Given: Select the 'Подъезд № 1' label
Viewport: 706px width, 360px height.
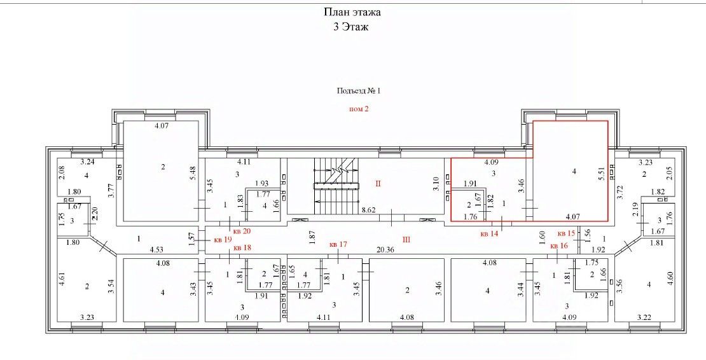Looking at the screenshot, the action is tap(358, 91).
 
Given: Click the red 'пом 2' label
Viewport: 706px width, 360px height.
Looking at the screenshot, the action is tap(359, 109).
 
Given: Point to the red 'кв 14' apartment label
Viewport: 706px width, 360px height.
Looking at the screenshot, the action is tap(488, 233).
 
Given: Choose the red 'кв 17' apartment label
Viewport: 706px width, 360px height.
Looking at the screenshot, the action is tap(338, 244).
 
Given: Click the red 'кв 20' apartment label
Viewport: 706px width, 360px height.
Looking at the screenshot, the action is tap(242, 231).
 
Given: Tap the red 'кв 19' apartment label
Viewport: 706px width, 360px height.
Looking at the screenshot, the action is tap(223, 240).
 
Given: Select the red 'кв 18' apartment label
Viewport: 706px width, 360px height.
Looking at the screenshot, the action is tap(242, 247).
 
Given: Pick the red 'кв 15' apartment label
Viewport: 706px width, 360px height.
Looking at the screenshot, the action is tap(566, 233).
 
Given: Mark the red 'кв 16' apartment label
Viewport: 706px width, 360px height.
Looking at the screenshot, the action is tap(558, 246).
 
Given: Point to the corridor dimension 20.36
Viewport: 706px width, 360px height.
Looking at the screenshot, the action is tap(386, 250).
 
